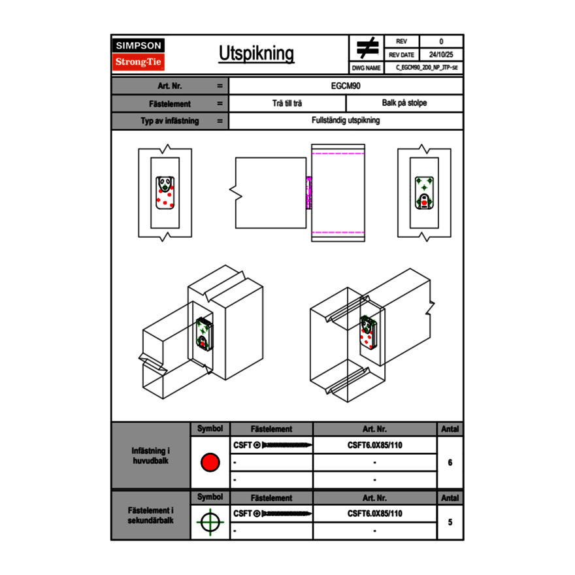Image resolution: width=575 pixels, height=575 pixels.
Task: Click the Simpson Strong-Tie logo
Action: tap(139, 54)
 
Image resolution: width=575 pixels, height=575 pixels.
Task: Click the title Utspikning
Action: tap(256, 54)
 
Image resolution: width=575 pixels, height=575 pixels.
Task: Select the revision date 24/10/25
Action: tap(441, 55)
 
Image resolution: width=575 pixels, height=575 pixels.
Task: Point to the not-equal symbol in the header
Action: tap(367, 48)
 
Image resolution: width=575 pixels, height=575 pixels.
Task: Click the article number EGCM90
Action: tap(346, 86)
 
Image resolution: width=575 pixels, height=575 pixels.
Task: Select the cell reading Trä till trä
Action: tap(287, 103)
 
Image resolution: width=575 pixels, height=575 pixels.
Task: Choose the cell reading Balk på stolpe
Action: tap(404, 103)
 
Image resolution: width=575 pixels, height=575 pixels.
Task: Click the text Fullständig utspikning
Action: tap(346, 121)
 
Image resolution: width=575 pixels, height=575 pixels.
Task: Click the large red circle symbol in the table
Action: tap(210, 463)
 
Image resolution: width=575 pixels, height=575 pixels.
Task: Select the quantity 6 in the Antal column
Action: tap(450, 463)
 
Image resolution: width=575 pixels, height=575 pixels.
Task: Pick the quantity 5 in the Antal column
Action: tap(450, 522)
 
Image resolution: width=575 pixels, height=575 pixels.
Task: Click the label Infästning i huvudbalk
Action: tap(151, 456)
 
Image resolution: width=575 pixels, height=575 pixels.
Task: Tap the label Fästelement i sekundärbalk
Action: tap(151, 516)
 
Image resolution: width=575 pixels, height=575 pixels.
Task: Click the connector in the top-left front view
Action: tap(165, 193)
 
